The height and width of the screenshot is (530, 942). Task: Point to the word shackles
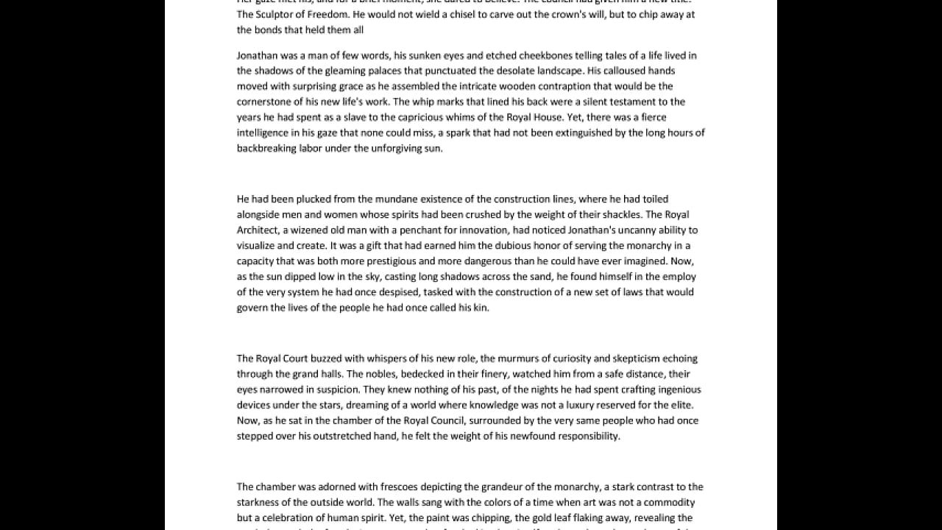coord(620,214)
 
